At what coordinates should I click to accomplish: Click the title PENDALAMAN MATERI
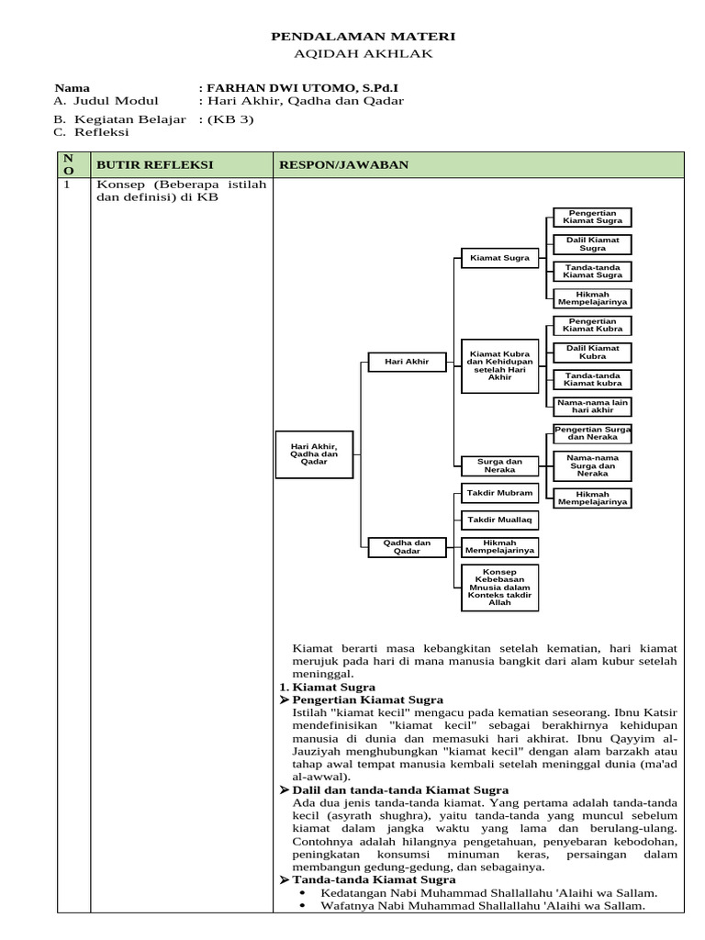coord(362,36)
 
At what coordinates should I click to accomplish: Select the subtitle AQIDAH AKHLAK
coord(362,53)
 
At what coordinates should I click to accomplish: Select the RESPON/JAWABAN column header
coord(344,164)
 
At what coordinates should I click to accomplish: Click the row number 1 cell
coord(66,185)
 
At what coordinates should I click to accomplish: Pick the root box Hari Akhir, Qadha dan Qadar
coord(314,453)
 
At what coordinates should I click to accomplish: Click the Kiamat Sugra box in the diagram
coord(499,258)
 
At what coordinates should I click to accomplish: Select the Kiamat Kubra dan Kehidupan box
coord(499,364)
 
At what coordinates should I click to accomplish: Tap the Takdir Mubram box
coord(499,493)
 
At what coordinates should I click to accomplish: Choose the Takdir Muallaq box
coord(499,520)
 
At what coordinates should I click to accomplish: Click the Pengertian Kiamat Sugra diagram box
coord(593,217)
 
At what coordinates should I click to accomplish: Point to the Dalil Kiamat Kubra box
coord(593,352)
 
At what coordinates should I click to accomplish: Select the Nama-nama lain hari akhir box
coord(593,407)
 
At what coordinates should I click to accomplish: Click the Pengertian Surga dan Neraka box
coord(593,433)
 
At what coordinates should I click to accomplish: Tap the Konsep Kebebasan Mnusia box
coord(499,587)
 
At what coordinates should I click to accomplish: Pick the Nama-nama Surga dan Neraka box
coord(593,465)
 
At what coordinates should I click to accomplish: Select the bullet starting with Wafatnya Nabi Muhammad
coord(482,905)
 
